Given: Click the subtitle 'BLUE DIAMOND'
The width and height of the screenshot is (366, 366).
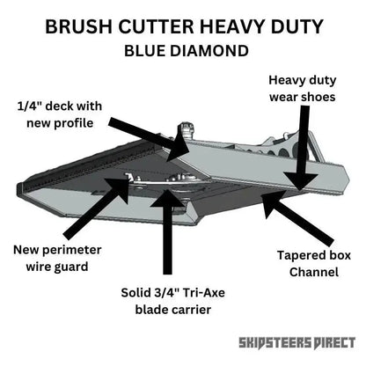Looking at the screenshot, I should click(x=183, y=50).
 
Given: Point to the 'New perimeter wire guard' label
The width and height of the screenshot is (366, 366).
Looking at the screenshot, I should click(x=54, y=257).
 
